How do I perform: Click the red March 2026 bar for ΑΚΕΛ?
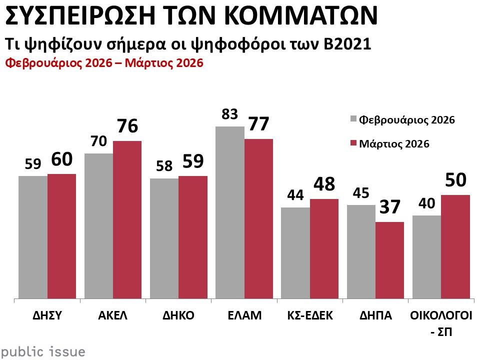click(127, 220)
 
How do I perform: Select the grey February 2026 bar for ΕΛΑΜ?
click(229, 212)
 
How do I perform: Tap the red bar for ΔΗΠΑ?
click(389, 260)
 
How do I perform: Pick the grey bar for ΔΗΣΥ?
click(32, 237)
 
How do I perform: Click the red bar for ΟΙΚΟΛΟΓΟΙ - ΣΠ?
click(455, 247)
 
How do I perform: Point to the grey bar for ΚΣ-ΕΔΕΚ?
click(295, 253)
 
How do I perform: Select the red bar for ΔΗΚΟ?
click(192, 237)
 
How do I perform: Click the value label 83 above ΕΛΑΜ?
click(229, 114)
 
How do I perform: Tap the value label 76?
click(127, 126)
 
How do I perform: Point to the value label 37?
click(389, 207)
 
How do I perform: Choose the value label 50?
click(455, 180)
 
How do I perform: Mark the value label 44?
click(295, 195)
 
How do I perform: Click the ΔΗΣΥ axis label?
click(47, 315)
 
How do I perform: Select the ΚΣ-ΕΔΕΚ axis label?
click(309, 315)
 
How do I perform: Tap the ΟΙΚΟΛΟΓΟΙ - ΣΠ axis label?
click(440, 322)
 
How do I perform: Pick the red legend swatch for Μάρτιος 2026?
click(353, 144)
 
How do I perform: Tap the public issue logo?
click(42, 351)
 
